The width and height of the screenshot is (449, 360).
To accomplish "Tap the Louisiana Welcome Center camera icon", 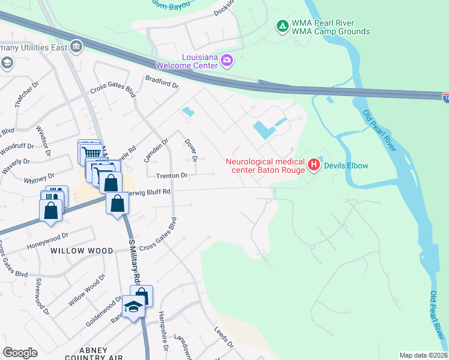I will coord(227,59).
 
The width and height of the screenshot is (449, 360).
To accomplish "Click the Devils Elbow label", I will coord(346,166).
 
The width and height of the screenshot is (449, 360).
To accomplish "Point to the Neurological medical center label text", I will coord(265,166).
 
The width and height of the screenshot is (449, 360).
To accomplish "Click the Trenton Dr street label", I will coord(172,176).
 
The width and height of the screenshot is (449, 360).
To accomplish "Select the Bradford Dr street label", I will coord(162,82).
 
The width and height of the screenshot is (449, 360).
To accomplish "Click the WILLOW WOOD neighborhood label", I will coord(82,250).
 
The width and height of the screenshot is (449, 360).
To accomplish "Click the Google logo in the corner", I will coord(20,353).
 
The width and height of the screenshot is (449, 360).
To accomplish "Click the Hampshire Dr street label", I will coord(161,331).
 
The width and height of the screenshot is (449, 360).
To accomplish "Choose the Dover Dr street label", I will coord(191,150).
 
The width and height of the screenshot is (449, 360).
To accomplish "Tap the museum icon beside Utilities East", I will coord(76,46).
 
